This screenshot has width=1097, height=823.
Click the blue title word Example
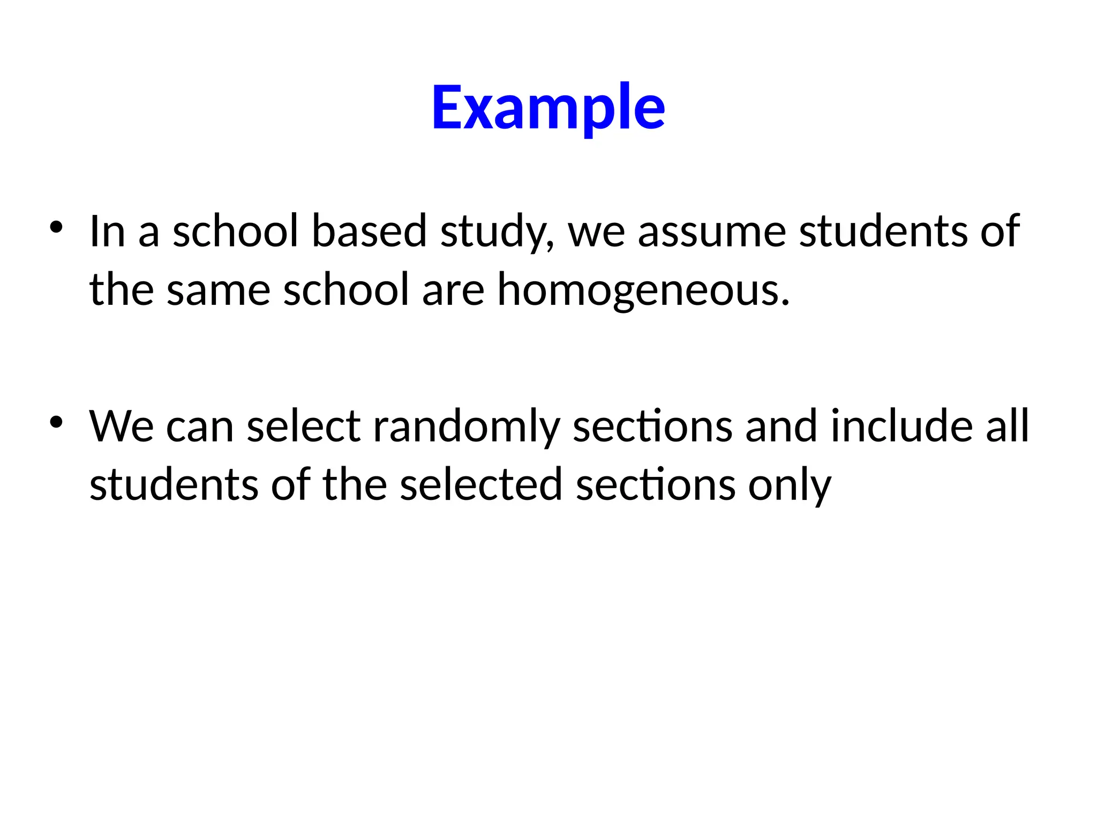coord(548,107)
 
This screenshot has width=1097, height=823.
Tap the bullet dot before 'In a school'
coord(56,227)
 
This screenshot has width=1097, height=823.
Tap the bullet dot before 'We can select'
coord(56,422)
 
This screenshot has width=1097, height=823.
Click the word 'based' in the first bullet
coord(369,231)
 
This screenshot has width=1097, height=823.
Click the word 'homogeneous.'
coord(643,290)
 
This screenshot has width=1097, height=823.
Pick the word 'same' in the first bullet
coord(219,290)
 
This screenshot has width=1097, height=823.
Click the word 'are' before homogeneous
coord(453,290)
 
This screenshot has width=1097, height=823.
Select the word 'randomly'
coord(466,428)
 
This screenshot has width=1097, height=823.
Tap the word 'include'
coord(901,427)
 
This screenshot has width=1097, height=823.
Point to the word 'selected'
coord(481,484)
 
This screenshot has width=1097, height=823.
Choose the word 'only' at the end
coord(790,487)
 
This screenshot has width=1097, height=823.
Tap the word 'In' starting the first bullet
coord(108,231)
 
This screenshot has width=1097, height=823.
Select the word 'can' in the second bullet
coord(200,428)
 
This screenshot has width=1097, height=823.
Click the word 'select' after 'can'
coord(304,427)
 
